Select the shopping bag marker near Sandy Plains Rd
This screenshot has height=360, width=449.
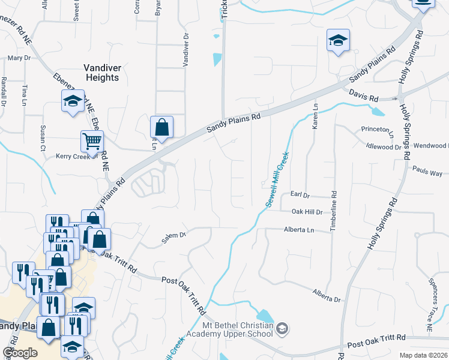161,127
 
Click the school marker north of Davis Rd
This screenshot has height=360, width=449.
338,41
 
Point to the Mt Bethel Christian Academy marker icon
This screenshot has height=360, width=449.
283,328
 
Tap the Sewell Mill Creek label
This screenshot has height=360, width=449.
278,179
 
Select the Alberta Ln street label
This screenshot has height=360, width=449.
299,230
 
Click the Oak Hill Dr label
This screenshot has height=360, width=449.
307,212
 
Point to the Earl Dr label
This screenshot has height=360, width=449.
299,195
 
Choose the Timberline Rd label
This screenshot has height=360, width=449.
334,211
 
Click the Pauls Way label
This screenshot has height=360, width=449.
427,172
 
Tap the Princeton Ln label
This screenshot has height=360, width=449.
377,129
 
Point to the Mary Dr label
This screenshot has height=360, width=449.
19,58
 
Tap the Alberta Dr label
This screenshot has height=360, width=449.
326,295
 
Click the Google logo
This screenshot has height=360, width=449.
20,353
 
